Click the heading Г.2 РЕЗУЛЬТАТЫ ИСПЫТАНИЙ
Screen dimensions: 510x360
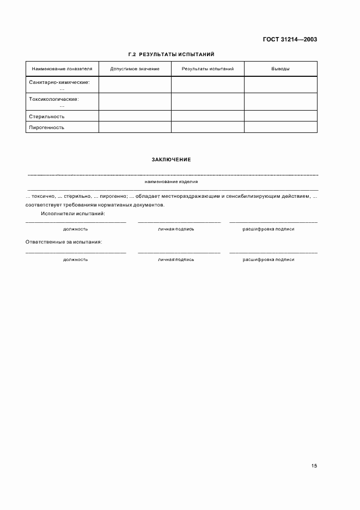coord(171,54)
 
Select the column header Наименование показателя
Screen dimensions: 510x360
coord(62,69)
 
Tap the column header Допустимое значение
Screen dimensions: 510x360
coord(135,69)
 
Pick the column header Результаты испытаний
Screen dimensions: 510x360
coord(208,69)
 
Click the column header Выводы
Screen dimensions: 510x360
coord(280,69)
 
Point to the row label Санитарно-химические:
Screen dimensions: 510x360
coord(59,82)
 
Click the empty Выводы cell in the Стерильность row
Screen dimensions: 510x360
coord(280,116)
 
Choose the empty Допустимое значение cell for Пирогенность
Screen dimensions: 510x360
coord(135,127)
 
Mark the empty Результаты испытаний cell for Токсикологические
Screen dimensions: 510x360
coord(208,101)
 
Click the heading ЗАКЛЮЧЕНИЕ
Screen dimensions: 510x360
coord(171,159)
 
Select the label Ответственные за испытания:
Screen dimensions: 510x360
coord(64,241)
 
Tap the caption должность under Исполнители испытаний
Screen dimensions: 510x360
coord(75,229)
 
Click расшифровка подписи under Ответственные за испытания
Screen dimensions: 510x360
coord(269,260)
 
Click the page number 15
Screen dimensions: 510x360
coord(314,466)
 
